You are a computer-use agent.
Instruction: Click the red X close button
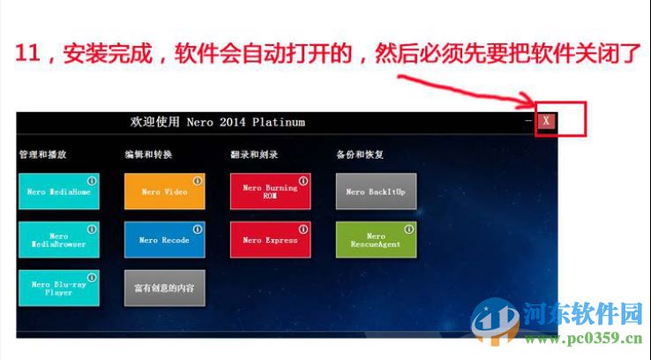tap(547, 122)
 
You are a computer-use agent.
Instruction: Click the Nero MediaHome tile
tap(58, 191)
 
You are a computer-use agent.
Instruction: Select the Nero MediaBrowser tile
tap(58, 240)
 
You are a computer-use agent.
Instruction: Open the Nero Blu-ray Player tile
tap(58, 289)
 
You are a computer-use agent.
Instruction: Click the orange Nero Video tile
tap(164, 191)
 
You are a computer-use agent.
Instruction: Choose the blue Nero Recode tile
tap(164, 240)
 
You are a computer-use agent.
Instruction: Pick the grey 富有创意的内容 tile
tap(164, 289)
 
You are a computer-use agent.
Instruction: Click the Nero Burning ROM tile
tap(270, 191)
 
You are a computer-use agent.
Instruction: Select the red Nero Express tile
tap(270, 240)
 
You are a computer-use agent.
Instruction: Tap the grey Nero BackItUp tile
tap(376, 191)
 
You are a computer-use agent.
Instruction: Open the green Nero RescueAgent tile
tap(376, 240)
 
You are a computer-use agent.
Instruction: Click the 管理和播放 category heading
tap(42, 154)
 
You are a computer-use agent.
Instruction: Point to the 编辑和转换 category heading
tap(148, 154)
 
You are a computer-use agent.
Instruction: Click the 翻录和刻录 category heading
tap(254, 154)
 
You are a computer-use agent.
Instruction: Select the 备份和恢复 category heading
tap(360, 154)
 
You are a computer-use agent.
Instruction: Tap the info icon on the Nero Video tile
tap(197, 181)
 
